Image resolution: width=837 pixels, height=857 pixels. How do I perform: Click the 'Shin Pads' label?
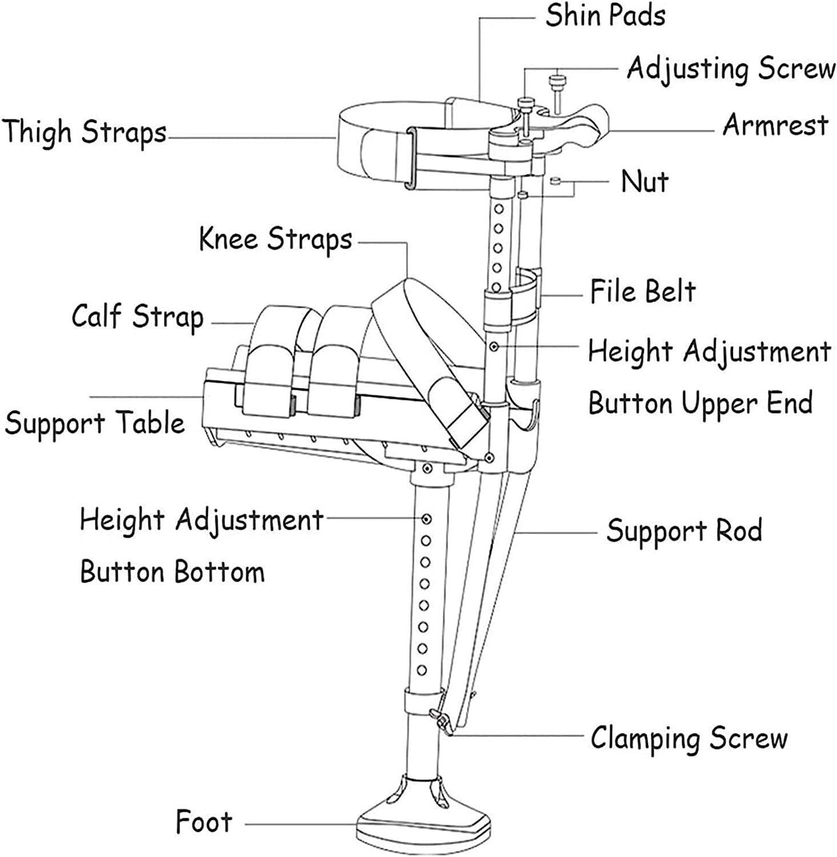click(x=605, y=15)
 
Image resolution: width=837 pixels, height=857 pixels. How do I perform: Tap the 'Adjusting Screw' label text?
click(x=730, y=69)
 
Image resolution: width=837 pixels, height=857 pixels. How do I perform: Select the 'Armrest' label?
click(x=775, y=126)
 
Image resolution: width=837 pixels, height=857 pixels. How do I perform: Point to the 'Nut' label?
click(x=645, y=182)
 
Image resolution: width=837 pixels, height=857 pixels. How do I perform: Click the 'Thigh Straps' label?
click(x=84, y=132)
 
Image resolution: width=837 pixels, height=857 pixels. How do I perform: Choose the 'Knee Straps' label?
click(x=276, y=239)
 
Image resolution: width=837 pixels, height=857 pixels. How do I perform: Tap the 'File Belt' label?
click(x=642, y=291)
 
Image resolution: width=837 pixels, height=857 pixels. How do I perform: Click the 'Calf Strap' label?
click(x=137, y=317)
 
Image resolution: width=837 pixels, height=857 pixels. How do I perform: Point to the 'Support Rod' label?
click(x=684, y=531)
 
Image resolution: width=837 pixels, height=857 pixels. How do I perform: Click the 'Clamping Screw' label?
click(x=689, y=738)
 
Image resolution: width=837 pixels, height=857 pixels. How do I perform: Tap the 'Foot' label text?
click(x=203, y=821)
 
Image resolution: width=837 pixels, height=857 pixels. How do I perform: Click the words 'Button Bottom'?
click(x=172, y=572)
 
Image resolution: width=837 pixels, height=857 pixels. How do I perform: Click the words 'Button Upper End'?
click(x=700, y=403)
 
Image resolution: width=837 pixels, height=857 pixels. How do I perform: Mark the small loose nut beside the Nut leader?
click(x=555, y=181)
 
